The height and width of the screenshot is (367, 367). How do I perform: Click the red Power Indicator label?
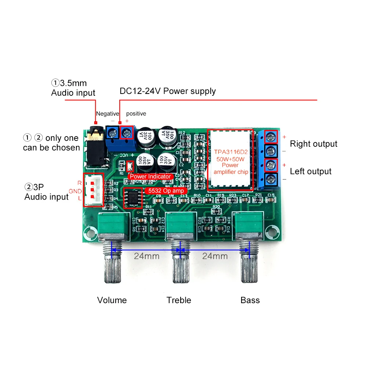150,177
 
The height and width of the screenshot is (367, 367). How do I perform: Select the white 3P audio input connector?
93,190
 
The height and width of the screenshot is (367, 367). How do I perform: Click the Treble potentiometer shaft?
179,262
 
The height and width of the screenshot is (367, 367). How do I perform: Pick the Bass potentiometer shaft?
248,262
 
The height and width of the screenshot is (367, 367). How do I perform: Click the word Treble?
179,300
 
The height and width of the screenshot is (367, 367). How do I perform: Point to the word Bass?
250,300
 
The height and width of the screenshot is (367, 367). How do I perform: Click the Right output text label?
313,144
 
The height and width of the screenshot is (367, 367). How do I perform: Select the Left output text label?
310,171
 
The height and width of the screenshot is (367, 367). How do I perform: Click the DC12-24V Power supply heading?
168,91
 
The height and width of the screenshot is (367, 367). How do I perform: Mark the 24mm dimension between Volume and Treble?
146,256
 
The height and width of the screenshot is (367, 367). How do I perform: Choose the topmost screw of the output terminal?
271,137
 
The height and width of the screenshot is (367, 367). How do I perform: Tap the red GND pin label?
75,191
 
